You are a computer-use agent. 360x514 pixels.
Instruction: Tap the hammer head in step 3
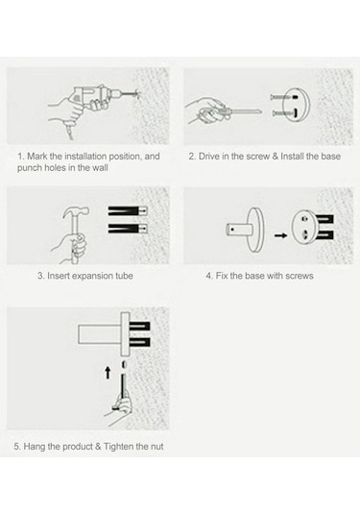click(76, 211)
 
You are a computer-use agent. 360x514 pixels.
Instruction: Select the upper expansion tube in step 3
click(128, 210)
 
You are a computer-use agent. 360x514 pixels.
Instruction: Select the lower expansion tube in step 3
click(128, 228)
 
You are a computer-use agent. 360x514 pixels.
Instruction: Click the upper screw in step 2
click(283, 97)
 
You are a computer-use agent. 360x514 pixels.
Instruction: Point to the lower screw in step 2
click(284, 113)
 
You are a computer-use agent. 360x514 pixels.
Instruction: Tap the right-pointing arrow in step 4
click(280, 235)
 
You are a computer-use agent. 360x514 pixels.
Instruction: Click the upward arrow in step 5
click(108, 373)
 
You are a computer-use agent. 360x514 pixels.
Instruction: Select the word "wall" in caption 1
click(100, 168)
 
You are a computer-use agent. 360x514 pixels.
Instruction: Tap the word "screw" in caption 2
click(258, 157)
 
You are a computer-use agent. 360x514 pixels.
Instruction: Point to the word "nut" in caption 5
click(156, 447)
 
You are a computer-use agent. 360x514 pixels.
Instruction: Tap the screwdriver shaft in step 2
click(245, 112)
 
